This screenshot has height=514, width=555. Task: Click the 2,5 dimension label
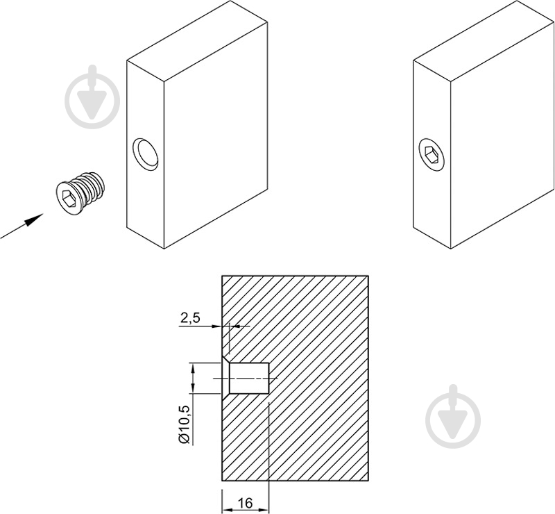pos(190,317)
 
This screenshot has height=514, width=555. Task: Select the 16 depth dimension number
pos(245,503)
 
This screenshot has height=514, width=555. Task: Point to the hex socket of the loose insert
pos(67,199)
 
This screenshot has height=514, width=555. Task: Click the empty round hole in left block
pos(146,155)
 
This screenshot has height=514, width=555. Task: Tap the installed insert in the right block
pos(431,156)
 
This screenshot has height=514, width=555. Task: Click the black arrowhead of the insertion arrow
pos(34,219)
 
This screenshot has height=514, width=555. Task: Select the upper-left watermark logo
pos(92,97)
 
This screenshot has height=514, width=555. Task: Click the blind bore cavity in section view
pos(249,379)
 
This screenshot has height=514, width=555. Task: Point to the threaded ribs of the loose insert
pos(90,188)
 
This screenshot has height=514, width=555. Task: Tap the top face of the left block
pos(197,41)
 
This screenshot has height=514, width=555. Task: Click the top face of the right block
pos(484,41)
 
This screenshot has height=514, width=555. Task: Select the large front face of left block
pos(216,135)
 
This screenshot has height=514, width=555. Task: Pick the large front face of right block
pos(502,135)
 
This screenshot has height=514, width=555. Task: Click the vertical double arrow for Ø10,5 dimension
pos(193,379)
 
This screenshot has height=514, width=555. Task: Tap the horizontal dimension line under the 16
pos(246,511)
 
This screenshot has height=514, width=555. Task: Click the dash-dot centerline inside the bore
pos(245,379)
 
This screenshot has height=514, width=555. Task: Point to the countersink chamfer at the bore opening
pos(226,379)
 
